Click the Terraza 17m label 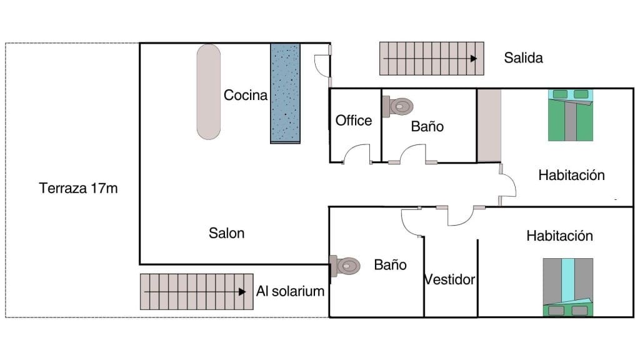click(x=78, y=188)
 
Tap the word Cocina click(x=246, y=95)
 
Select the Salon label click(x=226, y=233)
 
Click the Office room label click(x=354, y=121)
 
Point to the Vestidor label click(x=450, y=279)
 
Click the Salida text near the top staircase click(x=523, y=58)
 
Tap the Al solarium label click(x=291, y=291)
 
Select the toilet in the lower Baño click(x=346, y=266)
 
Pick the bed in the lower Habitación click(x=567, y=286)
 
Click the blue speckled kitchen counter click(x=286, y=93)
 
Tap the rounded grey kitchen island click(x=209, y=91)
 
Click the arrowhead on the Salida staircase click(x=474, y=58)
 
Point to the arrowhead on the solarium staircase click(x=242, y=291)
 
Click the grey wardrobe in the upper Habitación click(x=489, y=125)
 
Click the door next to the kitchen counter click(x=321, y=64)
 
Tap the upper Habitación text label click(x=571, y=175)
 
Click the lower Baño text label click(x=390, y=264)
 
